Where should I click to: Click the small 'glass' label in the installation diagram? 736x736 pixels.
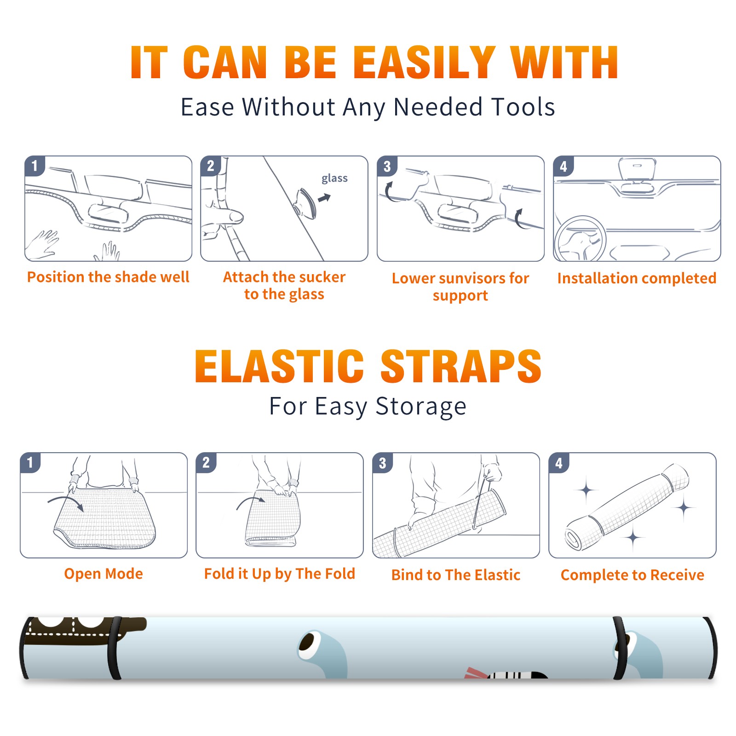tap(334, 178)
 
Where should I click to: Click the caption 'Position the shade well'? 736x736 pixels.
tap(108, 277)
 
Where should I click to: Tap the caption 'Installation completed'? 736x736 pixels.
tap(637, 278)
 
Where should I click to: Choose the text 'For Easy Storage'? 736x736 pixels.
tap(368, 407)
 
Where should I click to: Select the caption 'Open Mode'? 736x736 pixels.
tap(103, 574)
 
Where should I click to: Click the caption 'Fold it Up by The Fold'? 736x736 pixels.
tap(280, 574)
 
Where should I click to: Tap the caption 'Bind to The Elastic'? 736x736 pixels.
tap(456, 575)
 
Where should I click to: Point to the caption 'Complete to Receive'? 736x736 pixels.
tap(632, 575)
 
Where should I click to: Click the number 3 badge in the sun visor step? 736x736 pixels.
tap(387, 167)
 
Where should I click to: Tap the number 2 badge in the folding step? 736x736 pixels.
tap(206, 463)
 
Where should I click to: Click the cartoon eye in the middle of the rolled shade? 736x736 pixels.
tap(307, 643)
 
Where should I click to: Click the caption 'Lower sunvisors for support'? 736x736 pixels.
tap(460, 287)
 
